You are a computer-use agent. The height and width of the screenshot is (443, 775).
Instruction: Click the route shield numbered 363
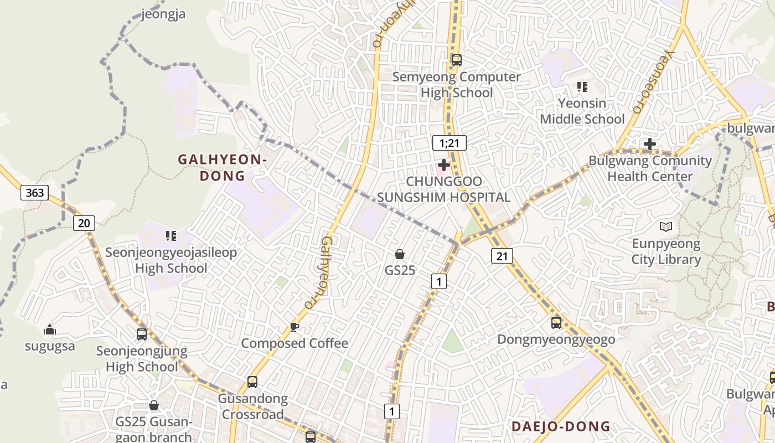[35, 193]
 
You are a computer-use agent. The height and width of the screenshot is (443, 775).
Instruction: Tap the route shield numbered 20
[84, 223]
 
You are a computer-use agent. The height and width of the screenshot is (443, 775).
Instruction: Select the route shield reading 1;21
[449, 143]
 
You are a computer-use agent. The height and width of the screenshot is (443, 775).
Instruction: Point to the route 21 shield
[502, 255]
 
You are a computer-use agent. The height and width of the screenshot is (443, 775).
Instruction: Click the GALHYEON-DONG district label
[222, 168]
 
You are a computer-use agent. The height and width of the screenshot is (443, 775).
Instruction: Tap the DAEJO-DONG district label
[560, 426]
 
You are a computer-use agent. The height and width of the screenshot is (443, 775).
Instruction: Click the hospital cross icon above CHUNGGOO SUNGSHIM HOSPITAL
[443, 164]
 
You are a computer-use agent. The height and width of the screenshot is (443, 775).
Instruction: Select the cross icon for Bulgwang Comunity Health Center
[650, 145]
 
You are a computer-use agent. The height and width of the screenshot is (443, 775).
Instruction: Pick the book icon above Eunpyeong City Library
[666, 226]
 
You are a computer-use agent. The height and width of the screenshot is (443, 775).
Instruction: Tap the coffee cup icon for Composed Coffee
[294, 327]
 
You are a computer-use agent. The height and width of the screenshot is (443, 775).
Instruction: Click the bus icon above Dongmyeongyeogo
[556, 322]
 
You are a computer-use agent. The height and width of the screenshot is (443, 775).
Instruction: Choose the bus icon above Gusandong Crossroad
[252, 382]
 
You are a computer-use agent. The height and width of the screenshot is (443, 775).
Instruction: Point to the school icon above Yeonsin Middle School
[582, 86]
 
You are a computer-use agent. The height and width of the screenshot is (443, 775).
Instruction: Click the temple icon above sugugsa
[50, 330]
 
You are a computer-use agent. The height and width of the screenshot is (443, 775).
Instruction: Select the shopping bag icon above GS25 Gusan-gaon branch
[154, 405]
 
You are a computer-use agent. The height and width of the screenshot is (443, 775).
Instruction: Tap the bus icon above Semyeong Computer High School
[456, 60]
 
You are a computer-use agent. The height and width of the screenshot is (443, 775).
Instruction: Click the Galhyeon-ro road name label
[319, 272]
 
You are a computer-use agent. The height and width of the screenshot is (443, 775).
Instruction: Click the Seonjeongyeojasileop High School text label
[171, 260]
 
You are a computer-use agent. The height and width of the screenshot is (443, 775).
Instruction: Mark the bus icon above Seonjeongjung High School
[142, 334]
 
